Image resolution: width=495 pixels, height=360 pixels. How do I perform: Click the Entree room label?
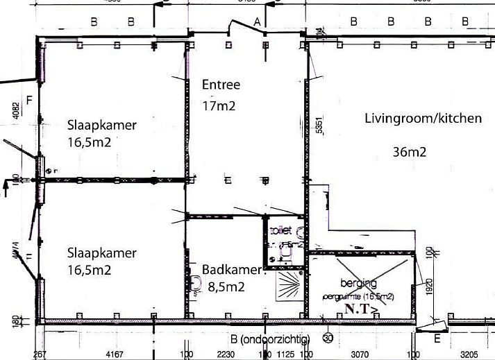pos(221,85)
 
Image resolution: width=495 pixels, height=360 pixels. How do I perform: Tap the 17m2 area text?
pos(219,107)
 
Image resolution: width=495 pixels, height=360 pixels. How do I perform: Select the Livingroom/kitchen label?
pos(423,119)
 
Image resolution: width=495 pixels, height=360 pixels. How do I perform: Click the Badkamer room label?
pos(231,270)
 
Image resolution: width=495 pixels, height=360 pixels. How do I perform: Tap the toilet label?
pos(280,230)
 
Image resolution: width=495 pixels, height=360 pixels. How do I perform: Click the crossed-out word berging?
pos(358,283)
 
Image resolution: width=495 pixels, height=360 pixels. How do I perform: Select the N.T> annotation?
pos(361,310)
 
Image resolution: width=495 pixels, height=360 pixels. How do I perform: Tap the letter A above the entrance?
pos(257,22)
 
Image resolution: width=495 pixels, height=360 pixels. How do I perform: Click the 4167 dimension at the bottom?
pos(115,354)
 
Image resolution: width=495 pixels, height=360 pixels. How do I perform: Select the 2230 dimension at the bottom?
pos(224,354)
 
